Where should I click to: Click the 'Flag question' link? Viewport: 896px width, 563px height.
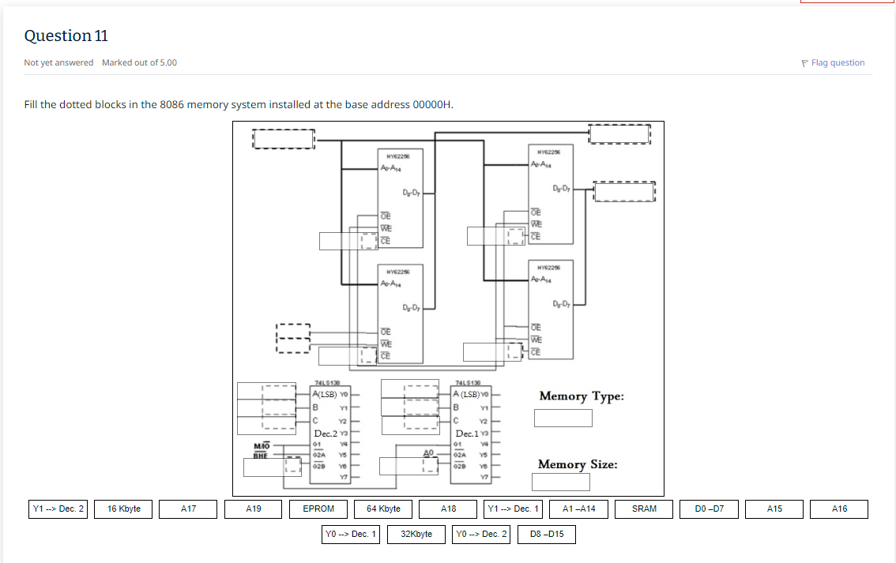(838, 63)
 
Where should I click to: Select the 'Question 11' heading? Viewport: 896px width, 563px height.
(66, 36)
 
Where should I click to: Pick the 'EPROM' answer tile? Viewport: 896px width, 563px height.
(318, 509)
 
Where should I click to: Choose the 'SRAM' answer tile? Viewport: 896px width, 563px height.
(644, 509)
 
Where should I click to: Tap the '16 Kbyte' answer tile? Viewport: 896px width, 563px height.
(123, 509)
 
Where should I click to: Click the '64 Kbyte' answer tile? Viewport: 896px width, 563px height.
(383, 509)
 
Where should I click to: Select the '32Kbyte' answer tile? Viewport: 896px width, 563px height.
(416, 535)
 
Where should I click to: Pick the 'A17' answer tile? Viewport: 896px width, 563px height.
(188, 509)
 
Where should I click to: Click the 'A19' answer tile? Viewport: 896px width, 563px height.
(254, 509)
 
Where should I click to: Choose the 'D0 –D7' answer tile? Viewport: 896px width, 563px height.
(709, 509)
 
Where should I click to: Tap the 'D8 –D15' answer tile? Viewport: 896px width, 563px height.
(547, 535)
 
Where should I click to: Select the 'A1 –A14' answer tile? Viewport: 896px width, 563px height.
(578, 509)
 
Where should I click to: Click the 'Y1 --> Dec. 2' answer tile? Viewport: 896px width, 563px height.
(58, 509)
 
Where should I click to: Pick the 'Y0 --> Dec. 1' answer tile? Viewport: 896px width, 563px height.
(351, 535)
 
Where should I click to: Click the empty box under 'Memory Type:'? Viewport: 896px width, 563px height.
(563, 418)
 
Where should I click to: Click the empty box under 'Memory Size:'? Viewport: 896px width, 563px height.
(561, 482)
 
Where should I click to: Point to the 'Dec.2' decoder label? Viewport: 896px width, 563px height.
(326, 434)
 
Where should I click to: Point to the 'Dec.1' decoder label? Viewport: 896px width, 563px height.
(468, 434)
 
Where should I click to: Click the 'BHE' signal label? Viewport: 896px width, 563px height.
(262, 456)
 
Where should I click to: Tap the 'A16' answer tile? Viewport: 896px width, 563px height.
(839, 509)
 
